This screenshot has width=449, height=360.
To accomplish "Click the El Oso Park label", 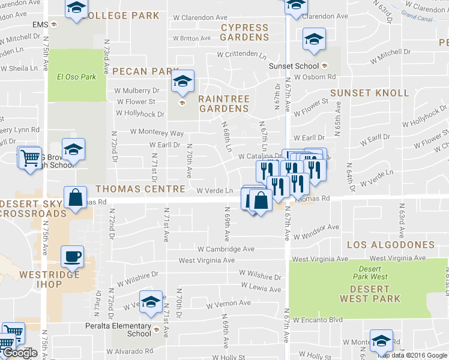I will [76, 77].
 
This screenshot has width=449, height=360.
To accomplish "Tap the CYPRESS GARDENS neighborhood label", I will [244, 32].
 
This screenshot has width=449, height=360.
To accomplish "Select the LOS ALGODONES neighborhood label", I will [390, 245].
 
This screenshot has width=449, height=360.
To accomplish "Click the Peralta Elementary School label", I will [122, 330].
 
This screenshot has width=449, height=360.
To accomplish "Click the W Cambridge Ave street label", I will [226, 249].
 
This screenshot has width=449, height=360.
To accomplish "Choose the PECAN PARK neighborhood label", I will [142, 71].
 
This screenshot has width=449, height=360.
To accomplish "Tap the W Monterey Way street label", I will [157, 133].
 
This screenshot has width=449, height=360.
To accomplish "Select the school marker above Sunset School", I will [314, 40].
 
